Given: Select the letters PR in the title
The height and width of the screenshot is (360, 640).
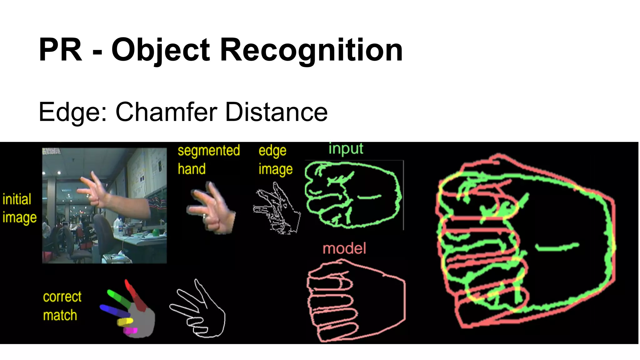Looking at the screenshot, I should [x=60, y=50].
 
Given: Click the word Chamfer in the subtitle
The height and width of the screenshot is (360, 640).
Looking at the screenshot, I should [x=167, y=112].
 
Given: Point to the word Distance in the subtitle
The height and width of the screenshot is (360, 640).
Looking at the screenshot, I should [x=276, y=112].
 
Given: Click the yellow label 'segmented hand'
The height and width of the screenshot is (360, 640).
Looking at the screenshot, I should [x=208, y=160].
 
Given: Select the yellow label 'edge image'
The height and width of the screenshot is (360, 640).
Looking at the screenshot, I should [x=275, y=160].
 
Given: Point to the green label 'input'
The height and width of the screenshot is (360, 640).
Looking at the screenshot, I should [x=346, y=148].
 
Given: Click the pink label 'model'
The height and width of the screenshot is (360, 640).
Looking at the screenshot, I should [x=344, y=248].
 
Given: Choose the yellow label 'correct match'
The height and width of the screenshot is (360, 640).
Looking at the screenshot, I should [x=62, y=306].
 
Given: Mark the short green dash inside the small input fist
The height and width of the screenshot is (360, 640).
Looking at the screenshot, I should [x=369, y=197].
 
